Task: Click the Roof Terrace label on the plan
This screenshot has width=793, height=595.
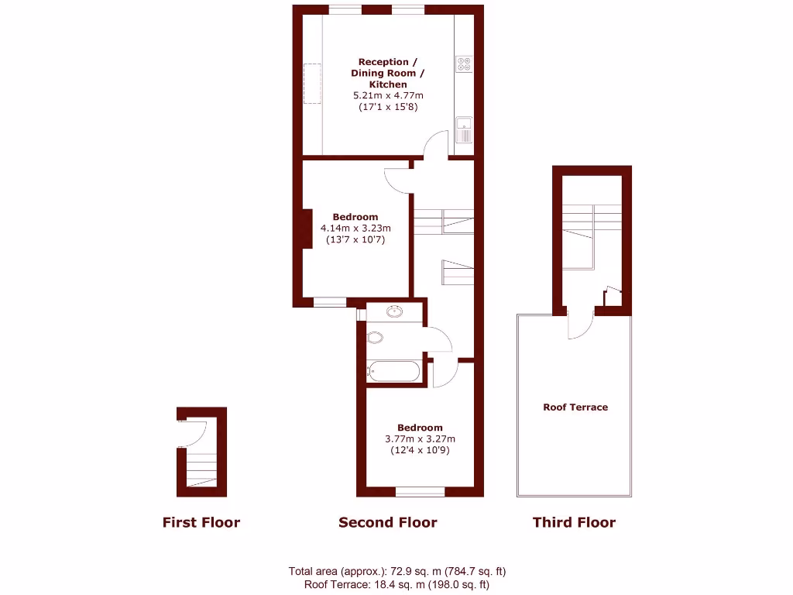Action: coord(575,407)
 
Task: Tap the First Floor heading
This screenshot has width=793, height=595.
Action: coord(201,522)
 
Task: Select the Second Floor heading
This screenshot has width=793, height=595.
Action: coord(387,522)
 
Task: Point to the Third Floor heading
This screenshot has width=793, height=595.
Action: coord(574,522)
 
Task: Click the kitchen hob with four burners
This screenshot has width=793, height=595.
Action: coord(464,64)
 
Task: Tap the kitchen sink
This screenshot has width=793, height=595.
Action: coord(464,129)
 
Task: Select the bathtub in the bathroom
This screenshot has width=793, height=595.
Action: coord(395,371)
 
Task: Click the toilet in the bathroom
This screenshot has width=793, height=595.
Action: coord(376,338)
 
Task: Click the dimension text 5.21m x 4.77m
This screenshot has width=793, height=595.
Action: coord(388,95)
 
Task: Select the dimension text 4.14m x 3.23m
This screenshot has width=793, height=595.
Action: coord(355,229)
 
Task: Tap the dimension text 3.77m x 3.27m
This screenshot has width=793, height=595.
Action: coord(420,439)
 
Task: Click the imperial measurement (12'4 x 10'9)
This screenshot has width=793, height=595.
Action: coord(420,450)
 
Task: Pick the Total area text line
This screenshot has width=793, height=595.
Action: coord(396,572)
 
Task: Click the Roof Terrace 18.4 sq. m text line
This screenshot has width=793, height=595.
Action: coord(396,585)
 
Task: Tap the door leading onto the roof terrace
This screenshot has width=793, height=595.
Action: coord(580,325)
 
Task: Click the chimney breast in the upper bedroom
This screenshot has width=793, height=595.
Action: coord(307,229)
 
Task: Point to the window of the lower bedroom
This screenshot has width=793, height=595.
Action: coord(420,491)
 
